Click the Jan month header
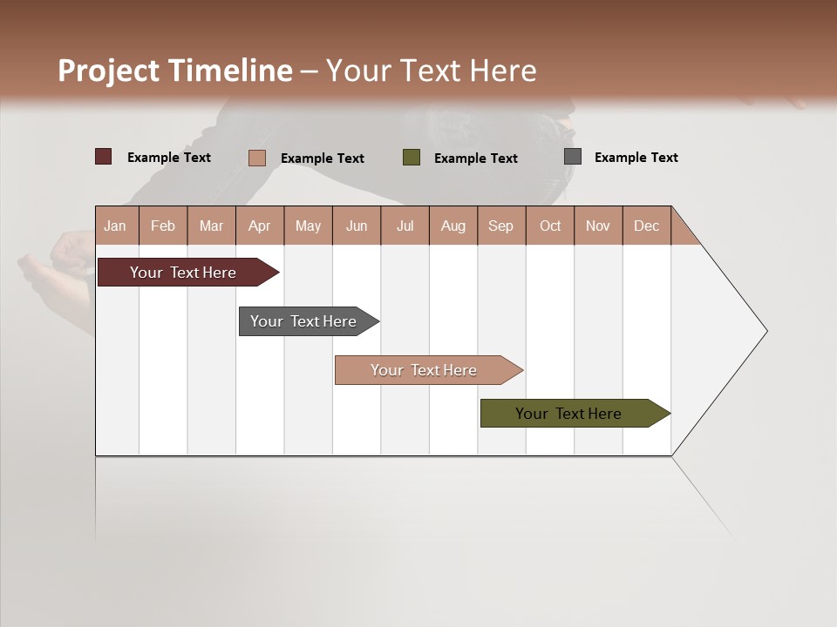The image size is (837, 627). point(115,226)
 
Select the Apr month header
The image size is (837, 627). point(259,226)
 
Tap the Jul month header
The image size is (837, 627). point(405,226)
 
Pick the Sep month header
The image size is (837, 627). point(500,226)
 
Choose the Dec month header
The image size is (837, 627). point(646,226)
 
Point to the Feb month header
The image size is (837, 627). point(163,226)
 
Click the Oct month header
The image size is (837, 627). point(550,226)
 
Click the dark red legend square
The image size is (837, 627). point(104,157)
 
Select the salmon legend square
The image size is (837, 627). point(257,158)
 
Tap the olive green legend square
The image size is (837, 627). point(412,158)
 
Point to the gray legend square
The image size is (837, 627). point(573,157)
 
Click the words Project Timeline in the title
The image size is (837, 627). point(174,71)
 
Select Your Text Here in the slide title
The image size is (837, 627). point(431,71)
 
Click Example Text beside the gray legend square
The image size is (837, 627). point(636,158)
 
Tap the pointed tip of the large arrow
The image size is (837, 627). point(765,331)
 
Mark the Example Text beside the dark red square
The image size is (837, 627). point(168,158)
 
